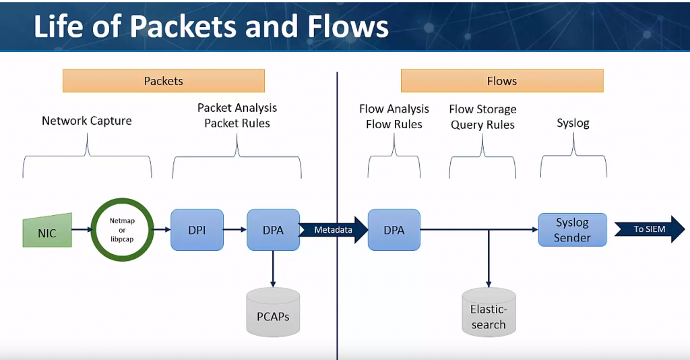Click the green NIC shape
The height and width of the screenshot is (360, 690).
pyautogui.click(x=47, y=230)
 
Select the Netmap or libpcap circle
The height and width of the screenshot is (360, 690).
pyautogui.click(x=122, y=230)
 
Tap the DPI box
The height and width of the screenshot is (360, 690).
pyautogui.click(x=197, y=230)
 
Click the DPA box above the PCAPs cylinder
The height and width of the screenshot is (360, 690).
pyautogui.click(x=273, y=230)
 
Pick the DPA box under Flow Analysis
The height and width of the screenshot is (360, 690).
pyautogui.click(x=394, y=230)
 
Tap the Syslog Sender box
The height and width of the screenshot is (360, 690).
pyautogui.click(x=572, y=230)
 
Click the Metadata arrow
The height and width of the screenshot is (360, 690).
pyautogui.click(x=334, y=230)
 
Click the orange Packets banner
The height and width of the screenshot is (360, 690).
pyautogui.click(x=164, y=81)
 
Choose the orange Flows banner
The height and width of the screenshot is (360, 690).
pyautogui.click(x=502, y=81)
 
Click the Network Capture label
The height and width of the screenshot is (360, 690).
pyautogui.click(x=87, y=121)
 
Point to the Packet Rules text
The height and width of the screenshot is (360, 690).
pyautogui.click(x=237, y=123)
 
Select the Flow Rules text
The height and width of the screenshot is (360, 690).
pyautogui.click(x=394, y=124)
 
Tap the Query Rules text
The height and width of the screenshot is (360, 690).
pyautogui.click(x=483, y=125)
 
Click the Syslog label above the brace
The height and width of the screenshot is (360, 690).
pyautogui.click(x=573, y=123)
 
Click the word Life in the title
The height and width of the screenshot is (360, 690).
pyautogui.click(x=61, y=26)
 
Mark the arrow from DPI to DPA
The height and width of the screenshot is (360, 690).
pyautogui.click(x=234, y=230)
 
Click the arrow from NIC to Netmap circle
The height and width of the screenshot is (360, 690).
pyautogui.click(x=82, y=230)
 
